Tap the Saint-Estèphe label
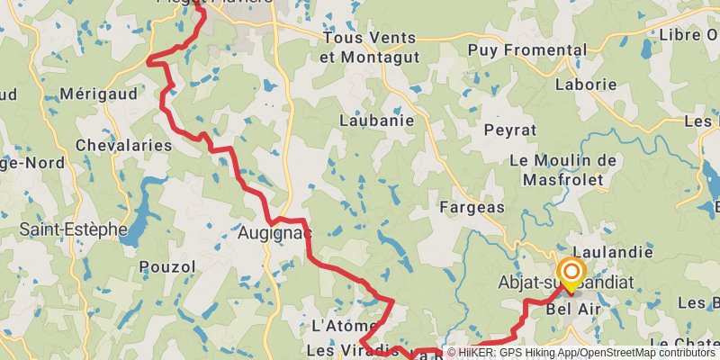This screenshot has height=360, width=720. [x=74, y=229]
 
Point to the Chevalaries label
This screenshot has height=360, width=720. [x=124, y=145]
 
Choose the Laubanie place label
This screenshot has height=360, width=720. [x=376, y=120]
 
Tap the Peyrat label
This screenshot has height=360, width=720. [x=509, y=130]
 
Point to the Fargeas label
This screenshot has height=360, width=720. [x=472, y=208]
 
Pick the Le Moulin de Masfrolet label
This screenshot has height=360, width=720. [x=563, y=169]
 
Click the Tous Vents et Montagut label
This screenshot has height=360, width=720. [x=369, y=46]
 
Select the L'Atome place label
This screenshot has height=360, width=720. [x=337, y=325]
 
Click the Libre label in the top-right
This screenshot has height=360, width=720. [x=688, y=35]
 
